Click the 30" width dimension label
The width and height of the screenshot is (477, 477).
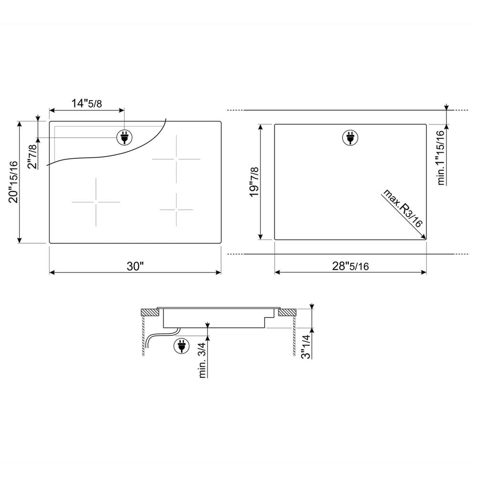(x=135, y=266)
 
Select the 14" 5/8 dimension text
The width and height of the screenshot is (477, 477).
(x=87, y=104)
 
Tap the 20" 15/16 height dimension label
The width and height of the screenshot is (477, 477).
(x=14, y=182)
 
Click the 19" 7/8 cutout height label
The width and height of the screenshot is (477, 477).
(x=254, y=182)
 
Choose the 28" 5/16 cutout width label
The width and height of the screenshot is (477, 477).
(x=351, y=266)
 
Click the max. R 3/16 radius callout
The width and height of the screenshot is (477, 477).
(x=403, y=208)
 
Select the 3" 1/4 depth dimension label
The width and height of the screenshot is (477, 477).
(x=306, y=347)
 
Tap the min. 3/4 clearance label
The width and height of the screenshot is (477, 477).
(x=203, y=361)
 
